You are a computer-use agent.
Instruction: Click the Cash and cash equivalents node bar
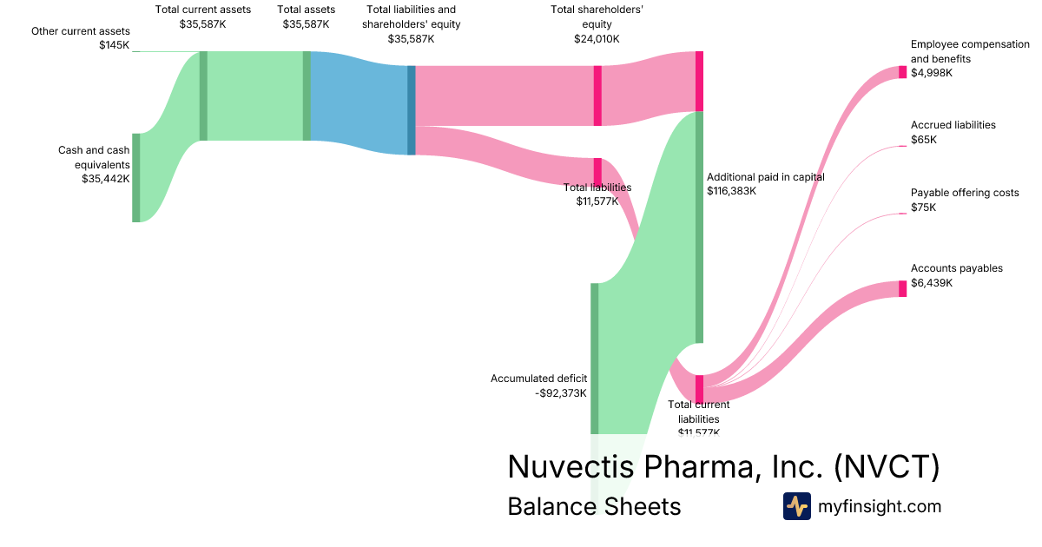[135, 177]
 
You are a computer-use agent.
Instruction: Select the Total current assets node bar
[203, 96]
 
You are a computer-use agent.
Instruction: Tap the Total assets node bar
[307, 96]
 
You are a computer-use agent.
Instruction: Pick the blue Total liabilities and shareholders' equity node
[412, 110]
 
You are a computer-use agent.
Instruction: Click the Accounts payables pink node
[902, 289]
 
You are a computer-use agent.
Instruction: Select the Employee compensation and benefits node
[902, 72]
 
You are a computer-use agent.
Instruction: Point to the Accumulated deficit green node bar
[595, 358]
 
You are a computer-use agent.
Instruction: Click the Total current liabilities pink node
[699, 389]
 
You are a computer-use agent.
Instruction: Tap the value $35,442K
[105, 179]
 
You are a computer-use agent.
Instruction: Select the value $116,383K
[731, 191]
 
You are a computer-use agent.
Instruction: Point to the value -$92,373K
[560, 393]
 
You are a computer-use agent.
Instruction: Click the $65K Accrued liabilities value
[923, 139]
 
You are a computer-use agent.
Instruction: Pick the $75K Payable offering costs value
[923, 207]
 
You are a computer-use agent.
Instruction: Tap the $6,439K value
[931, 283]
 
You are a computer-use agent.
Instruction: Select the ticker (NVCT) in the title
[887, 467]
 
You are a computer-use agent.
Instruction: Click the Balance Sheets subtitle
[594, 506]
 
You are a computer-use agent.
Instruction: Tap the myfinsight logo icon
[796, 506]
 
